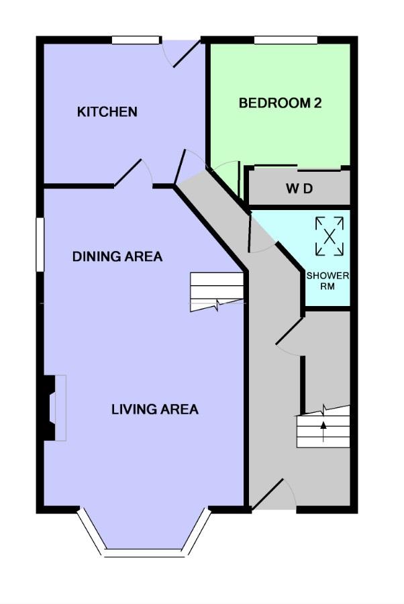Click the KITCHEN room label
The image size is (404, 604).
107,111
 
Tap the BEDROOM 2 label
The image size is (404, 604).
280,103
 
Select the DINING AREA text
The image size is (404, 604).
117,256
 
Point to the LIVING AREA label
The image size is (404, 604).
155,409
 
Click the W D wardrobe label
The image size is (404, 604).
299,189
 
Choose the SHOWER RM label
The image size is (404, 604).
327,281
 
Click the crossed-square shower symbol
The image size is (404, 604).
330,236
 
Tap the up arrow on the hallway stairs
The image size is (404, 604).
323,431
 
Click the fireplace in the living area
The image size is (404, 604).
54,408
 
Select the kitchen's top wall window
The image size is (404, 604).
136,40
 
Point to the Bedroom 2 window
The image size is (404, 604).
285,40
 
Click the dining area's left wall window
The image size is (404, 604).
40,244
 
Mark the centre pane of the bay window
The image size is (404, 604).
144,553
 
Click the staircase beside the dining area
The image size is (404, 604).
217,292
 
